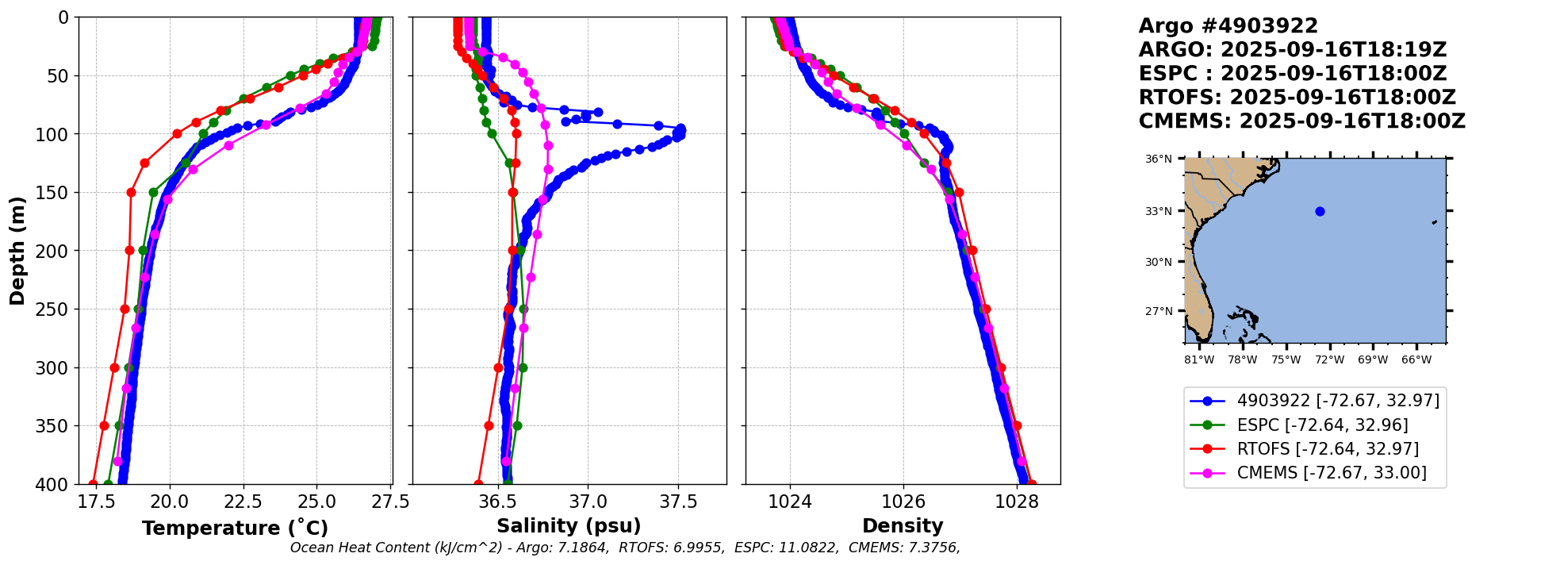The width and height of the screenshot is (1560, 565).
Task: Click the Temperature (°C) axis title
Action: [x=235, y=528]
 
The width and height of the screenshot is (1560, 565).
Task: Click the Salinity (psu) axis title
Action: [x=569, y=526]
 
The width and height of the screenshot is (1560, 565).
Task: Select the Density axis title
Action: [x=903, y=526]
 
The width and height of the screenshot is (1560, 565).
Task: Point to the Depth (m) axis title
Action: [x=17, y=250]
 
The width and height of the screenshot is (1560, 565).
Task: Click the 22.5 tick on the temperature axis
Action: [x=243, y=502]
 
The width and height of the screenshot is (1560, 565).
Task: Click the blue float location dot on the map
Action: [x=1320, y=211]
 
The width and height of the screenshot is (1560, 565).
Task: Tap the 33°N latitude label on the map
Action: [x=1159, y=212]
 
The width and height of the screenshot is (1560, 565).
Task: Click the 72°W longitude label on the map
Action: [x=1329, y=360]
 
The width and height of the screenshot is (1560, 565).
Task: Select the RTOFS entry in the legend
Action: [x=1328, y=449]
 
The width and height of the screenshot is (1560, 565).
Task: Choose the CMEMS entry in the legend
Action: [x=1332, y=473]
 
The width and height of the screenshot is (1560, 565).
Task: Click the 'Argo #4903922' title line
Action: [x=1228, y=26]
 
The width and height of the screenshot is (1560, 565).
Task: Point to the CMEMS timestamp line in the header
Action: [x=1301, y=121]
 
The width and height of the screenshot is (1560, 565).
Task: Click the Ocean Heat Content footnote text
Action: [x=625, y=548]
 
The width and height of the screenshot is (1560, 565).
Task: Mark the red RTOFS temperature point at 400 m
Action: [x=93, y=484]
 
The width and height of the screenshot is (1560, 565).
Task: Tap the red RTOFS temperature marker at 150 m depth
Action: [x=131, y=192]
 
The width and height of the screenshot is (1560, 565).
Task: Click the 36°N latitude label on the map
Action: [x=1159, y=160]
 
